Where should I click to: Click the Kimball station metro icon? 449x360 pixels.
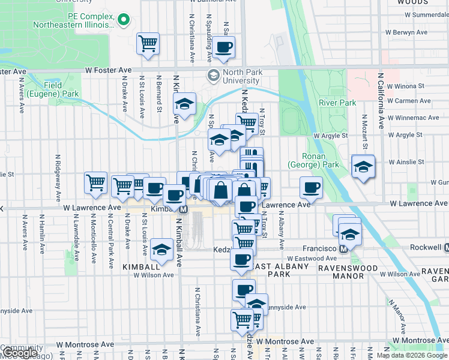coord(183,209)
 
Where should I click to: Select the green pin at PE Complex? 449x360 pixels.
coord(125,20)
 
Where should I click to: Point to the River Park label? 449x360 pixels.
coord(337,103)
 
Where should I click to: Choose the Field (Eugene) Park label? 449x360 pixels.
coord(61,89)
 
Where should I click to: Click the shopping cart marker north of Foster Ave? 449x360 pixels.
coord(148,43)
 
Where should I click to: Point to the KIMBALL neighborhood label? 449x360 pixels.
coord(142,266)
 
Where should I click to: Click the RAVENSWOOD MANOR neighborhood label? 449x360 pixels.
coord(348,272)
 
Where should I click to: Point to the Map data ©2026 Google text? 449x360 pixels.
coord(412,355)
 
